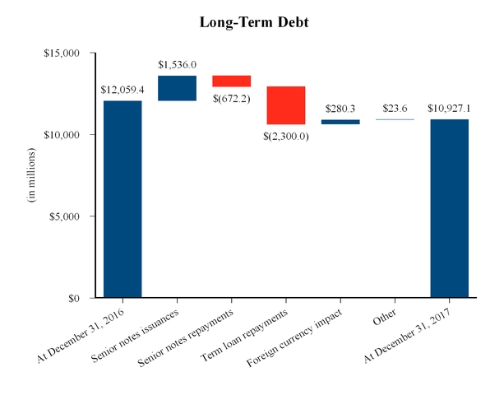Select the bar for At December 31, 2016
[x=123, y=198]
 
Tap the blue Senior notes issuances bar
[x=177, y=88]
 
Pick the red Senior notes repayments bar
[x=232, y=81]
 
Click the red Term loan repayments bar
[x=286, y=105]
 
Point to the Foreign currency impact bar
[x=340, y=122]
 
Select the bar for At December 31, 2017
[x=450, y=208]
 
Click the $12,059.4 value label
[x=123, y=90]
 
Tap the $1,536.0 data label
[x=177, y=64]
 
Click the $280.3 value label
[x=340, y=109]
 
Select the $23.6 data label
[x=395, y=109]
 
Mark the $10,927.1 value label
[x=450, y=109]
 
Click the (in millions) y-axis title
[x=33, y=175]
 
